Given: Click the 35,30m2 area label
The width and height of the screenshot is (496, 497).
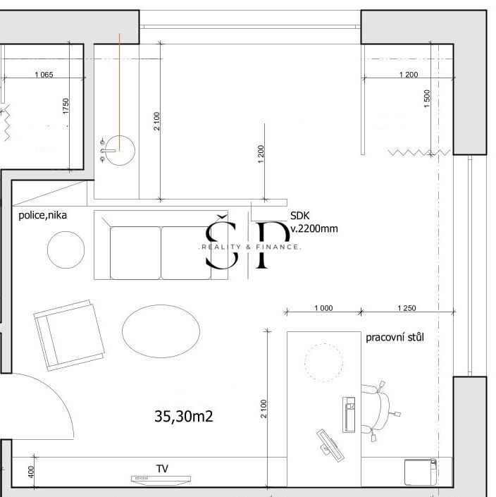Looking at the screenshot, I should point(184,417).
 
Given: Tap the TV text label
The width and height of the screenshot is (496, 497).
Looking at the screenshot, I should point(162,468).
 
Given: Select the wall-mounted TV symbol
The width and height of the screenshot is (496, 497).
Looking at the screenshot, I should point(161,479).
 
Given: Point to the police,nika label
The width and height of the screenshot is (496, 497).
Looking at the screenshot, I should point(43,216).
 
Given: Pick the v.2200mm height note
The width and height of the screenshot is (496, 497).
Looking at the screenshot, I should point(314,228).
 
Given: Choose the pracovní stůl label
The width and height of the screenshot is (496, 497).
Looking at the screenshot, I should point(395,337).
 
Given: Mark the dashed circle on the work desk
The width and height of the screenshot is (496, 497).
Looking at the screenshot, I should point(323,361).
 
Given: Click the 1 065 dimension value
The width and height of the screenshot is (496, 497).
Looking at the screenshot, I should point(44,75).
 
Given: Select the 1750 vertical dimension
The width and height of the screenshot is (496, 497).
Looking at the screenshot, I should point(66,106).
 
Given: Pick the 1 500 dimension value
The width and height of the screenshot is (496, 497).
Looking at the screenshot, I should point(427,97).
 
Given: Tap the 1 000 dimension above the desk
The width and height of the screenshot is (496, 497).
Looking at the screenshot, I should point(323,308).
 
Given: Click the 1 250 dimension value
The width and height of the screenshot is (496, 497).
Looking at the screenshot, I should point(407,308).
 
